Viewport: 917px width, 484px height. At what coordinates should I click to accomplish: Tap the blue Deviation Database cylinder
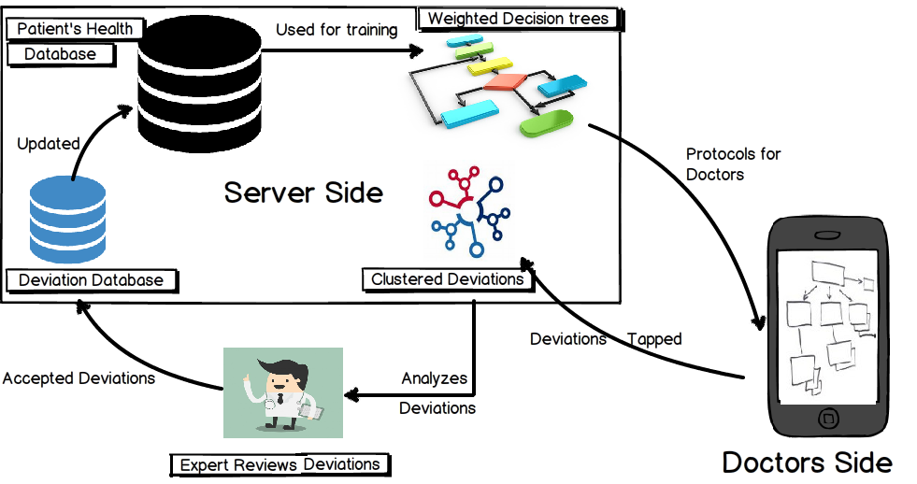68,220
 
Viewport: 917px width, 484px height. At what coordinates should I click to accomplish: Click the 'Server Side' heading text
304,192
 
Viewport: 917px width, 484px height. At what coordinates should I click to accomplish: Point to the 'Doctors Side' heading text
808,463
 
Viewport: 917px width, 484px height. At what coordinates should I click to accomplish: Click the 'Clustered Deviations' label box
448,280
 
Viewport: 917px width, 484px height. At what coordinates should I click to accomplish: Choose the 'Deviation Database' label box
92,280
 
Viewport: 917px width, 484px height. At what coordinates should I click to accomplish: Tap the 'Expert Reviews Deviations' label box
280,465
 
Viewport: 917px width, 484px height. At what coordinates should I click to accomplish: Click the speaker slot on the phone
827,235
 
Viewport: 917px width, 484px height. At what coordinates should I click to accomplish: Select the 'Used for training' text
337,30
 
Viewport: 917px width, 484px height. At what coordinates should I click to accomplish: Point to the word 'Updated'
49,144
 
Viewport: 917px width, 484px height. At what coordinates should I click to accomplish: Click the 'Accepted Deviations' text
79,378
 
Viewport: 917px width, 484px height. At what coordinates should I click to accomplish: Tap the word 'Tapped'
654,339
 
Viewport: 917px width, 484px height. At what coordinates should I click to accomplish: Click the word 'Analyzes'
434,378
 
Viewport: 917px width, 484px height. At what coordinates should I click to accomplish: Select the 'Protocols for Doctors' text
734,164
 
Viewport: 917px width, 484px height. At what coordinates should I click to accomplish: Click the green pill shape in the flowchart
546,123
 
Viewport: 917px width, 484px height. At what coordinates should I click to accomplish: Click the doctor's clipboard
310,411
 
